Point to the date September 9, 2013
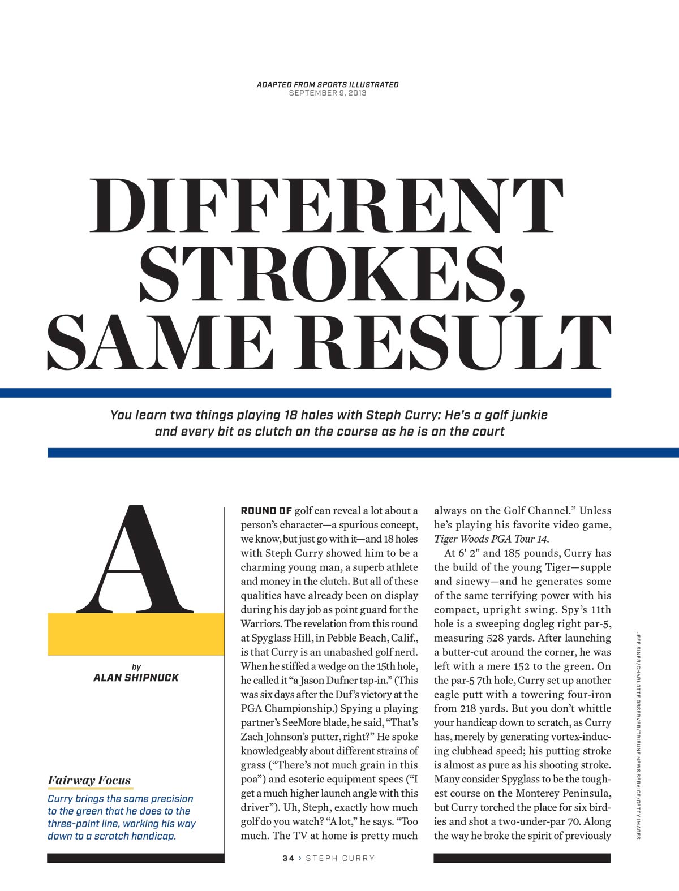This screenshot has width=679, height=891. (x=328, y=93)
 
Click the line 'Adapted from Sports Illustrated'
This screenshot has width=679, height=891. (x=328, y=84)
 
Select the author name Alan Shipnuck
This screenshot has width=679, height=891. (x=135, y=678)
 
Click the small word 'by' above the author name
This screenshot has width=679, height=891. (x=136, y=666)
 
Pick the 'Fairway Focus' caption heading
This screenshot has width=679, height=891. (x=89, y=781)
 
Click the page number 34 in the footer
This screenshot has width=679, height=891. (x=289, y=858)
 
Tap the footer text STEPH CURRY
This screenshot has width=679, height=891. (x=340, y=858)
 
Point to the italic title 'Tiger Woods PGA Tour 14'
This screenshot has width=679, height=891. (x=491, y=539)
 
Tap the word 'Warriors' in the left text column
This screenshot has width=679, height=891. (x=261, y=624)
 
